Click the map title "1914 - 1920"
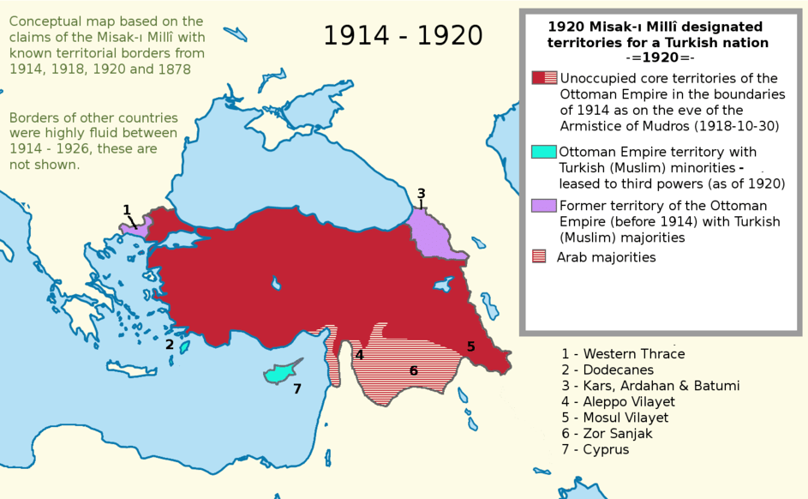pos(403,36)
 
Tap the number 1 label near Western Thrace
pos(127,210)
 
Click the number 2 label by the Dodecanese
pos(170,345)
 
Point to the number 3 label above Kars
pos(421,194)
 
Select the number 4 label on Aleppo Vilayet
pos(360,355)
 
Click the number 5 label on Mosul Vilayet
pos(470,346)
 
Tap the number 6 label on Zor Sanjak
pos(413,370)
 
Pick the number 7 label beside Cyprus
pos(296,388)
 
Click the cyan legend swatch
pos(544,152)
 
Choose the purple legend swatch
pos(544,206)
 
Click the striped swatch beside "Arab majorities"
pos(539,256)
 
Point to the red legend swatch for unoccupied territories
pos(544,78)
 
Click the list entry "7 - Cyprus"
pos(595,449)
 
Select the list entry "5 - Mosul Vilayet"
pos(614,418)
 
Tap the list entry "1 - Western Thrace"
pos(623,354)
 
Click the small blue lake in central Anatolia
pos(275,282)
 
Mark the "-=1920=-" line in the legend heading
pos(659,58)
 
